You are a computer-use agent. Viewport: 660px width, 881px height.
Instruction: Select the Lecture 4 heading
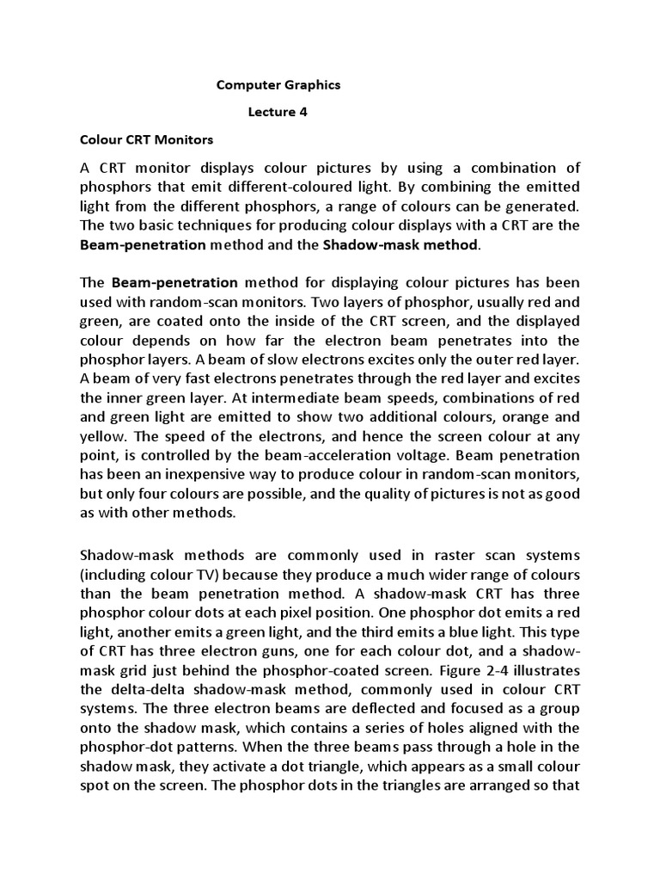point(278,111)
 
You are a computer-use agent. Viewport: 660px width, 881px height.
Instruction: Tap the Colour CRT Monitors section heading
point(146,138)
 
